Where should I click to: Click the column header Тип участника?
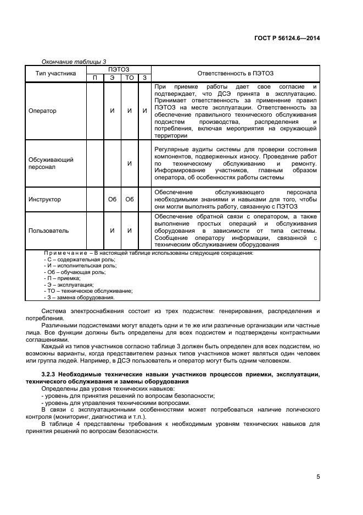point(55,73)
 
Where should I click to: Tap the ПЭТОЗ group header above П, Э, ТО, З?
point(118,69)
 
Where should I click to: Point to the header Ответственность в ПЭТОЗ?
point(235,73)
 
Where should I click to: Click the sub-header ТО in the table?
point(130,78)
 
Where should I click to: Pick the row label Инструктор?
point(44,199)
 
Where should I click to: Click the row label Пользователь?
point(48,231)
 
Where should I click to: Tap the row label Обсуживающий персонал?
point(51,163)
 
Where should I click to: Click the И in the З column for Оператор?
point(144,111)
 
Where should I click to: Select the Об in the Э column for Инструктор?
point(112,199)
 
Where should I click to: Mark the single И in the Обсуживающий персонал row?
point(130,163)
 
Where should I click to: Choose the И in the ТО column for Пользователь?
point(130,231)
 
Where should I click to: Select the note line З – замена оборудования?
point(79,297)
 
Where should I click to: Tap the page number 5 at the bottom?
point(318,477)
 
